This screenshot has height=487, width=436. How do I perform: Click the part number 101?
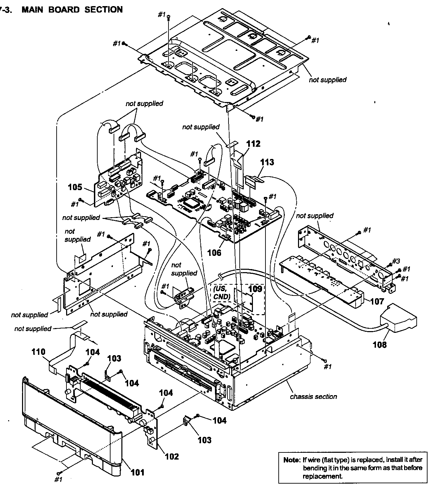[x=138, y=472]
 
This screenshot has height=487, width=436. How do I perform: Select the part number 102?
[x=172, y=456]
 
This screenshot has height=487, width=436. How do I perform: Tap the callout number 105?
[x=75, y=187]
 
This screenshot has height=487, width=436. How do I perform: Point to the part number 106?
[x=214, y=252]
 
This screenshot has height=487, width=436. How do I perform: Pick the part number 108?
[x=379, y=345]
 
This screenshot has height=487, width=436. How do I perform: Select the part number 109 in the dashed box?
[x=255, y=289]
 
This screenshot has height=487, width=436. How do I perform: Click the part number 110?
[x=38, y=352]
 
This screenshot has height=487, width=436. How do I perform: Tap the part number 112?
[x=253, y=144]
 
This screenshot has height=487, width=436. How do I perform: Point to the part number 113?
[x=267, y=162]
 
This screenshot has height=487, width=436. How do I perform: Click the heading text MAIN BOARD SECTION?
[x=72, y=9]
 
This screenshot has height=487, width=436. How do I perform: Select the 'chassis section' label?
[x=313, y=396]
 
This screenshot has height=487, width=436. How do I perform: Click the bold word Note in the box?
[x=292, y=460]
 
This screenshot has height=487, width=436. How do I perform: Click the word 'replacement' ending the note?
[x=322, y=476]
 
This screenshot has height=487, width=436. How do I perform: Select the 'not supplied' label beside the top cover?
[x=328, y=80]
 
